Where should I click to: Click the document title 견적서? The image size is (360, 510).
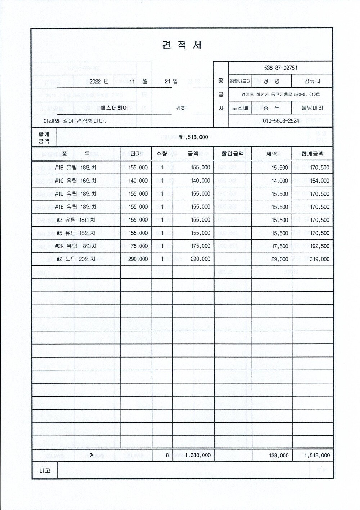tap(182, 45)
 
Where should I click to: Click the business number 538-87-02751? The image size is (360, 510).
tap(280, 68)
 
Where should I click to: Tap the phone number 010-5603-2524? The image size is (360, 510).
tap(281, 121)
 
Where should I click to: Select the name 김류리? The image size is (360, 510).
tap(312, 81)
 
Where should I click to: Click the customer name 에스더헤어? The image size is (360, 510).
tap(114, 108)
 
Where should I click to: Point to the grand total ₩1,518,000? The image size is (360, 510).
tap(193, 137)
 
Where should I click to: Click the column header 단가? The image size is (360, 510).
tap(136, 154)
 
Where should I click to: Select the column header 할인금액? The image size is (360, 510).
tap(233, 154)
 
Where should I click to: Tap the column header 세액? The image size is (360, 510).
tap(271, 154)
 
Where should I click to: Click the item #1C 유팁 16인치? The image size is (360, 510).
tap(76, 181)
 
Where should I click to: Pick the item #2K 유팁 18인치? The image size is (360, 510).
tap(76, 246)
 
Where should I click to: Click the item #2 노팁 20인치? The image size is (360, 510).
tap(76, 259)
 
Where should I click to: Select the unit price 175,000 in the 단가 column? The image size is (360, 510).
tap(138, 246)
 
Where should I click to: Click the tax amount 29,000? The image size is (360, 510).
tap(280, 259)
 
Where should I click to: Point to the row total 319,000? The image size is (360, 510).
tap(320, 259)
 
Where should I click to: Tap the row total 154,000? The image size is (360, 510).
tap(320, 181)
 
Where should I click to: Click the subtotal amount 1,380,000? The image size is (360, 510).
tap(198, 455)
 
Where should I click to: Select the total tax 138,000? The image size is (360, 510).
tap(279, 455)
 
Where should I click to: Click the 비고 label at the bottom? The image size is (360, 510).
tap(45, 470)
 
